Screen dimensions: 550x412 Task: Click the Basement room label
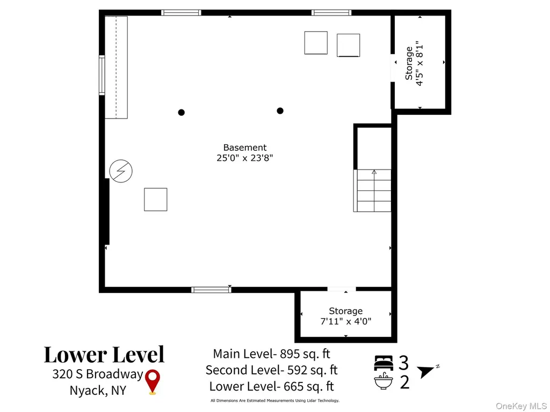pyautogui.click(x=245, y=148)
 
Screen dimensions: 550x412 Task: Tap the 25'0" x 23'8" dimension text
pyautogui.click(x=245, y=158)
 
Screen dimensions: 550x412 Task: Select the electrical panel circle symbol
pyautogui.click(x=121, y=171)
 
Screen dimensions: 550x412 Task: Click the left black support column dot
pyautogui.click(x=182, y=113)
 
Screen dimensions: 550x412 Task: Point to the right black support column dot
pyautogui.click(x=280, y=111)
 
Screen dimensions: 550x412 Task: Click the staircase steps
pyautogui.click(x=373, y=190)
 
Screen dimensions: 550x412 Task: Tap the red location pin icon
pyautogui.click(x=153, y=382)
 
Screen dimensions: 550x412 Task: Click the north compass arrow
pyautogui.click(x=426, y=371)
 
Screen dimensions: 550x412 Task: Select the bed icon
pyautogui.click(x=383, y=363)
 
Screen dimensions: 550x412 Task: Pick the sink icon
pyautogui.click(x=383, y=381)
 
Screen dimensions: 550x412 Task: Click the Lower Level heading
pyautogui.click(x=104, y=355)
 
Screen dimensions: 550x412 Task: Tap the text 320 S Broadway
pyautogui.click(x=98, y=374)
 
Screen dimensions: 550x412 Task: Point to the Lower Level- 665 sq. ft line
pyautogui.click(x=271, y=386)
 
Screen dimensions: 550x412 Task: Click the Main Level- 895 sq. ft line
pyautogui.click(x=271, y=354)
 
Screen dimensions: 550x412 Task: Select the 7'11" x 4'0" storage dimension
pyautogui.click(x=346, y=321)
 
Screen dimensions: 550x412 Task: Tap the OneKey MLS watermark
pyautogui.click(x=521, y=406)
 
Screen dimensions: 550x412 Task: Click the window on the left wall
pyautogui.click(x=102, y=75)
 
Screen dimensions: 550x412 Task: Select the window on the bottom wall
pyautogui.click(x=211, y=290)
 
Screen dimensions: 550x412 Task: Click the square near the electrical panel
pyautogui.click(x=155, y=200)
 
